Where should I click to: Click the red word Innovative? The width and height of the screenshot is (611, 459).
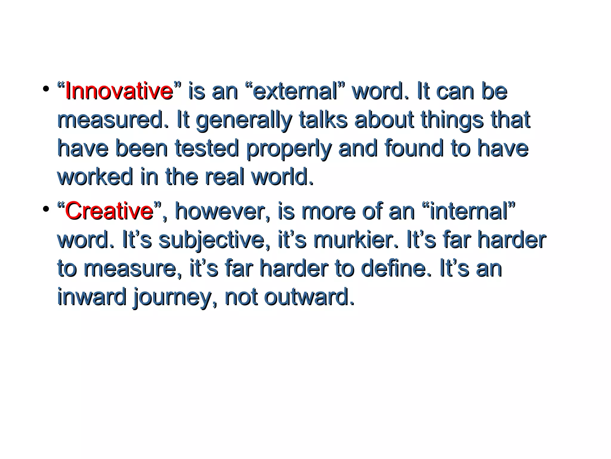(119, 91)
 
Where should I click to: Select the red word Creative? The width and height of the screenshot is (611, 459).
(109, 211)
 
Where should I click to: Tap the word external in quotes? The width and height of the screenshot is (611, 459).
(295, 91)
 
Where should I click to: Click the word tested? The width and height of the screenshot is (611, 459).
(207, 148)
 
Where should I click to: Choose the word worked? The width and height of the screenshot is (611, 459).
(95, 177)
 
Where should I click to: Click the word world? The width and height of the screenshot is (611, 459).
(282, 177)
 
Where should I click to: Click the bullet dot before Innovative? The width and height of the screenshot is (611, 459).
(46, 89)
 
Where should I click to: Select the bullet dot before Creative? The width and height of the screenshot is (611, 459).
(46, 209)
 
